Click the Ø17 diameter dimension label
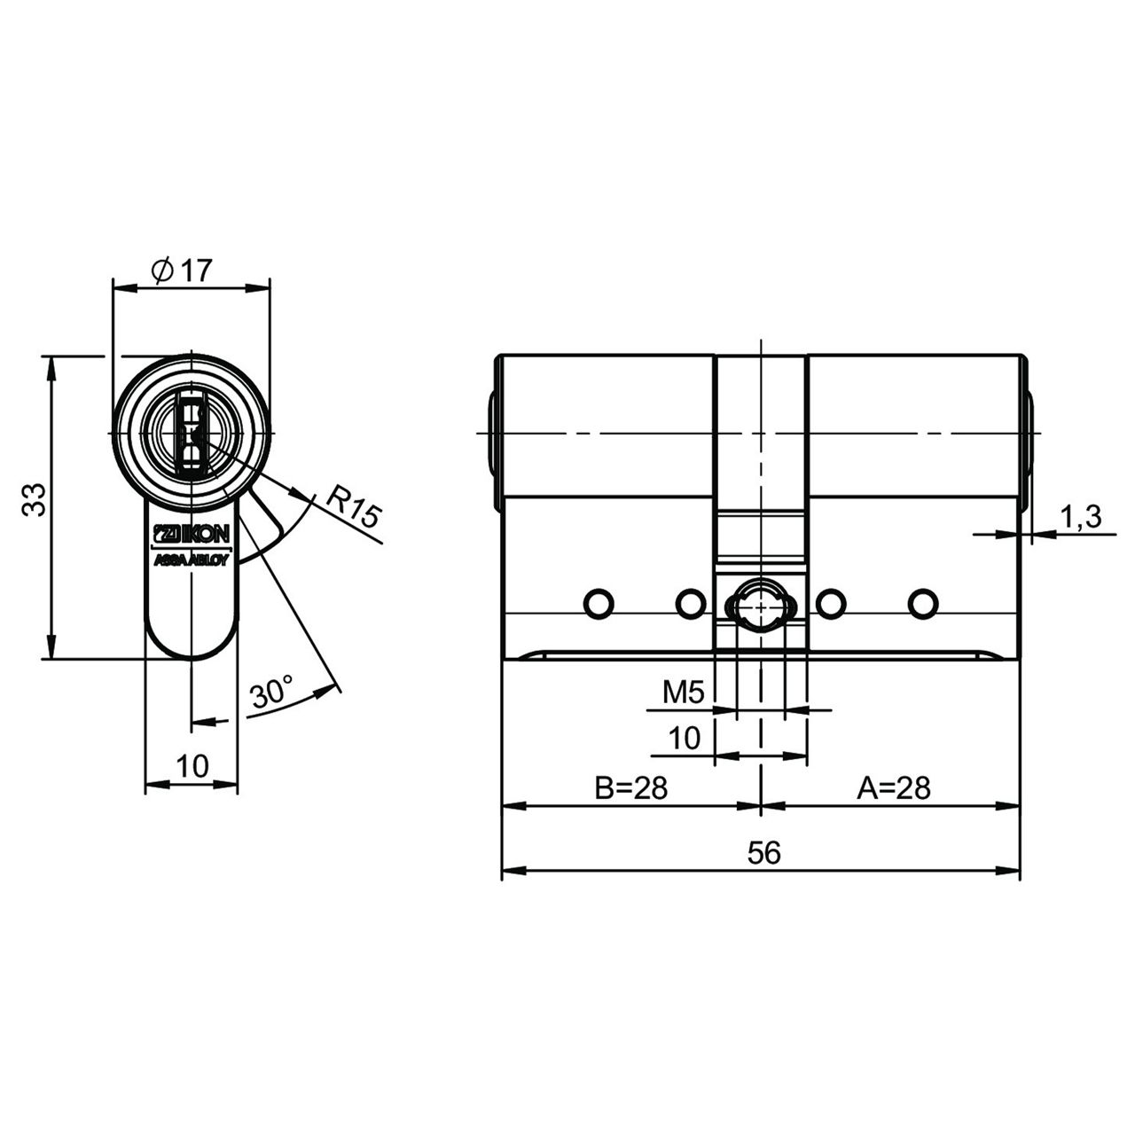click(x=181, y=271)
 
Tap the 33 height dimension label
click(x=35, y=499)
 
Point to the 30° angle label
click(x=272, y=692)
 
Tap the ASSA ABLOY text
click(x=191, y=560)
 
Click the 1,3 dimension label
click(x=1080, y=517)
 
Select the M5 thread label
click(x=684, y=693)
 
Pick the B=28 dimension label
click(x=630, y=788)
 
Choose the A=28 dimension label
click(x=894, y=788)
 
